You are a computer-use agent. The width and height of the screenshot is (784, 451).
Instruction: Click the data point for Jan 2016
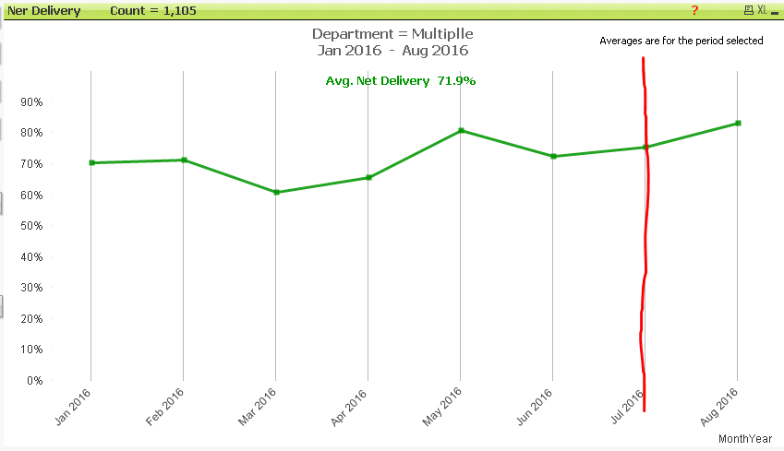91,162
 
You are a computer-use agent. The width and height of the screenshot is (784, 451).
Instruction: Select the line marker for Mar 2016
276,192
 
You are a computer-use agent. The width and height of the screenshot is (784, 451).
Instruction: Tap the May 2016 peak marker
461,130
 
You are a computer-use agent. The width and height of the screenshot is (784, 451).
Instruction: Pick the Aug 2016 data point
738,123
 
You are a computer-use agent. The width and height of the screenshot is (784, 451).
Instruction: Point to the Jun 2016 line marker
553,156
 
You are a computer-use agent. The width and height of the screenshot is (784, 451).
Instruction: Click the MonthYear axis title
744,438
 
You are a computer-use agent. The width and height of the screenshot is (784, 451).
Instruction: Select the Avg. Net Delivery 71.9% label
401,81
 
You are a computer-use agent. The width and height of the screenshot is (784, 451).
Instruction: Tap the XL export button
763,10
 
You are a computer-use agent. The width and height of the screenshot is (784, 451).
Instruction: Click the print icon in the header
749,10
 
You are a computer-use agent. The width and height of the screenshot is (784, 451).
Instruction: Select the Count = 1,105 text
151,11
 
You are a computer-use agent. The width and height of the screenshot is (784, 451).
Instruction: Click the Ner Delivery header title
44,11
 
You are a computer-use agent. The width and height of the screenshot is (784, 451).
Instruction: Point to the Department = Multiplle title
393,33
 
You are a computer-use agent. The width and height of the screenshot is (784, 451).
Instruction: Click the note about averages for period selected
681,41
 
